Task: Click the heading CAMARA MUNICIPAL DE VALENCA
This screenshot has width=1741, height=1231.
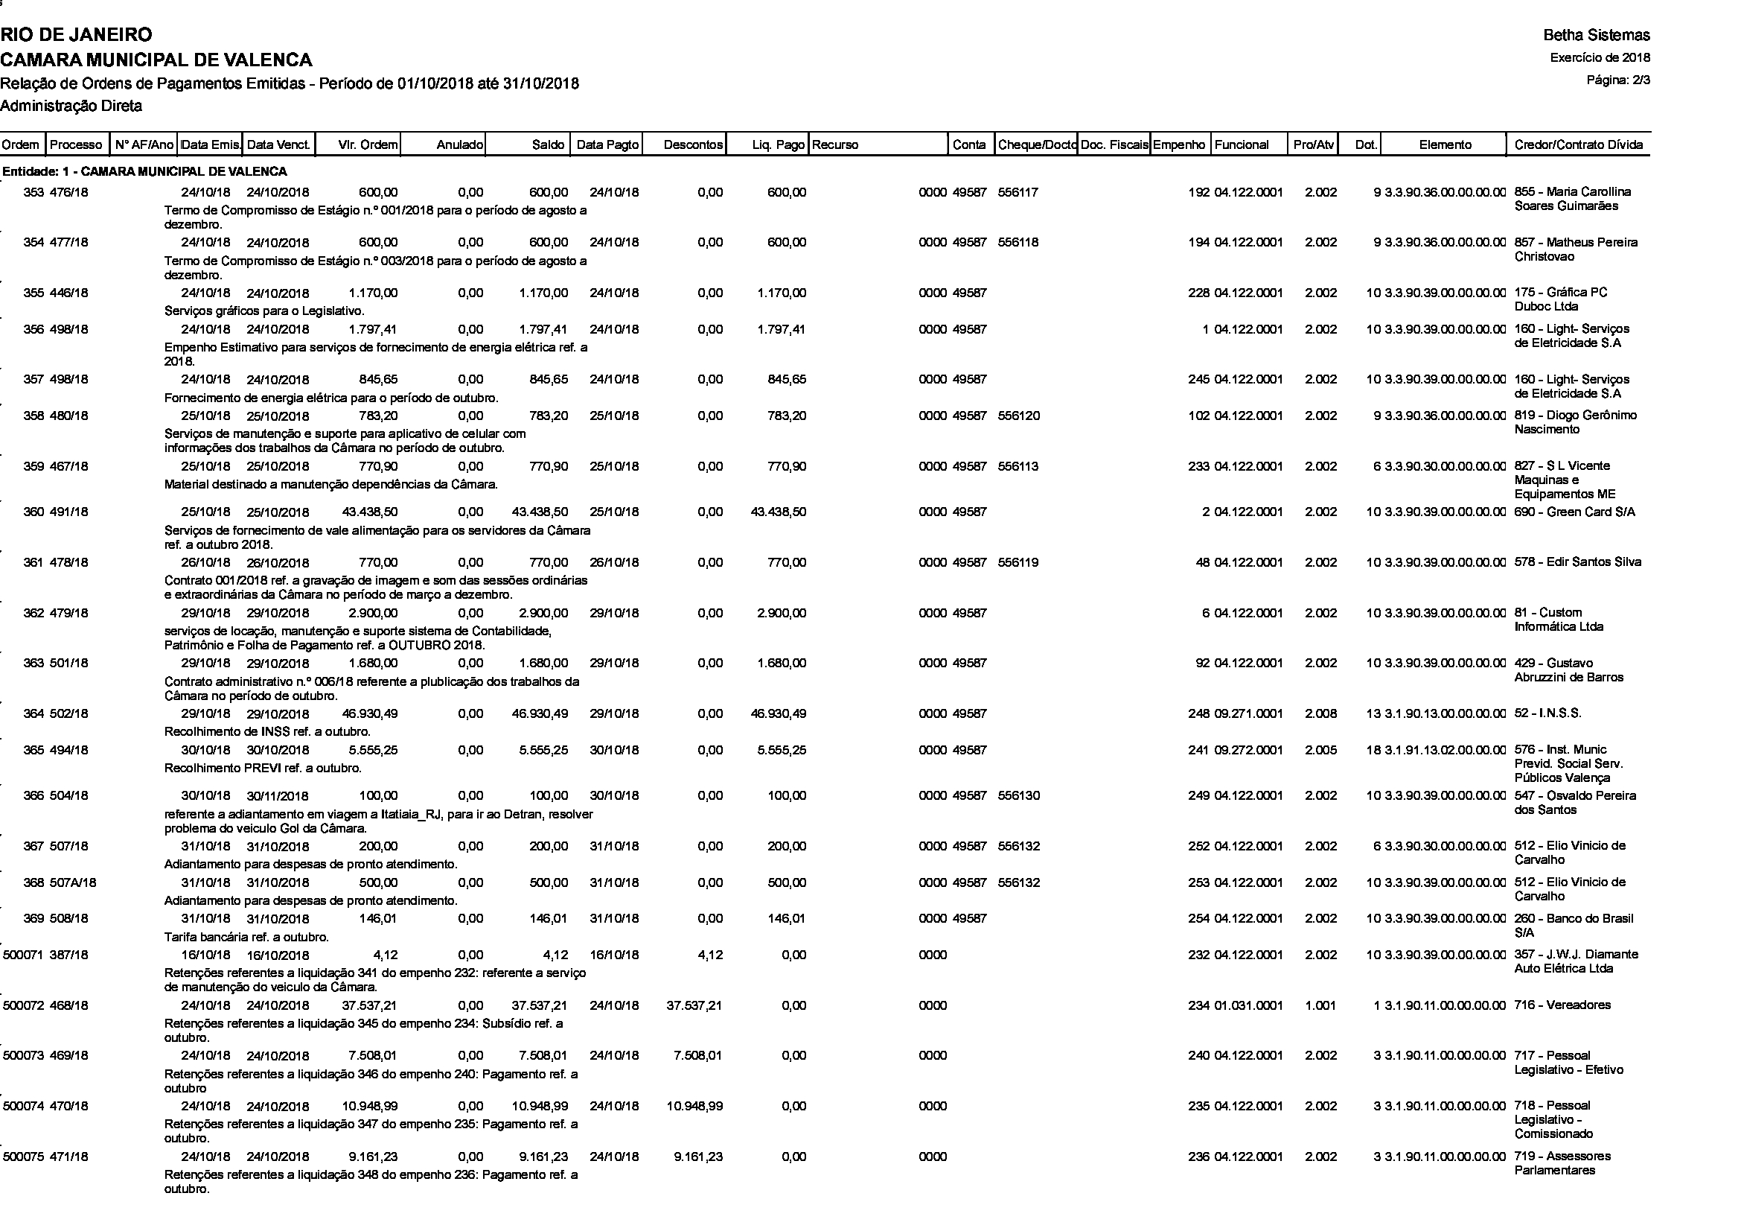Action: click(x=156, y=60)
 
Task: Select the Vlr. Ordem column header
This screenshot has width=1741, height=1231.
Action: click(x=367, y=145)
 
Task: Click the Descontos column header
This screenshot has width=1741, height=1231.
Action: click(x=692, y=145)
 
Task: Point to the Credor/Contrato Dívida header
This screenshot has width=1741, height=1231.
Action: click(x=1578, y=145)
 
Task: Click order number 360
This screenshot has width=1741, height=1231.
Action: click(x=33, y=512)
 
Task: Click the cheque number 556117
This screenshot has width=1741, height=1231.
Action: click(x=1018, y=193)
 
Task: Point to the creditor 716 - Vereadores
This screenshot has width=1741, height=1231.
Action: click(x=1562, y=1006)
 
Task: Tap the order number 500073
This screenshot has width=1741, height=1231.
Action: click(x=23, y=1056)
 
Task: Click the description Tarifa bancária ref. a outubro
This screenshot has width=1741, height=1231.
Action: click(x=246, y=937)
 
